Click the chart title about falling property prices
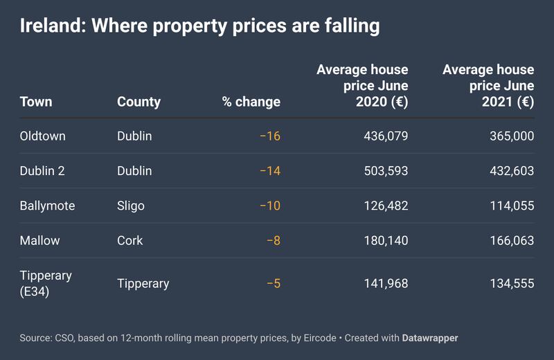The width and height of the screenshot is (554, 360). [200, 27]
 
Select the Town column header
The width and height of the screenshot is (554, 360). [36, 102]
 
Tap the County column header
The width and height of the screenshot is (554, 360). [138, 102]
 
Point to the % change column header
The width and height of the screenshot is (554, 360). [251, 102]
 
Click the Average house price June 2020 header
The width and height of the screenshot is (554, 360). [362, 86]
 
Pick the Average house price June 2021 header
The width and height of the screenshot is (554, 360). [488, 86]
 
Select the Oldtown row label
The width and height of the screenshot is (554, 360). [43, 136]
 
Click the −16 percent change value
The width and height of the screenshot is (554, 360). [269, 136]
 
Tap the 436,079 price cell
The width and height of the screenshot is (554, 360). [386, 136]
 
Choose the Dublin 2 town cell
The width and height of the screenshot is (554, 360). [42, 171]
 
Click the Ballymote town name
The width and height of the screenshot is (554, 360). [47, 206]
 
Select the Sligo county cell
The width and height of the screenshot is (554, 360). [131, 206]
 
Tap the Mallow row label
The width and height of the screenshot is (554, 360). [40, 241]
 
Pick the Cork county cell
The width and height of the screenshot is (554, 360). [130, 241]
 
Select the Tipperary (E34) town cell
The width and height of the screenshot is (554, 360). [46, 283]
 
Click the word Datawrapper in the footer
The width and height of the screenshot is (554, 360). [430, 339]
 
